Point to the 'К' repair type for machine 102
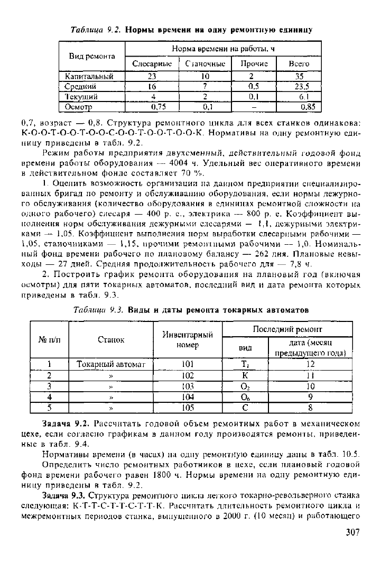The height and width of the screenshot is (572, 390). click(245, 375)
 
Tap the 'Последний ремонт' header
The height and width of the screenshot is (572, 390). click(287, 329)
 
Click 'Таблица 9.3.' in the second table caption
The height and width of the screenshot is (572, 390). click(96, 309)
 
